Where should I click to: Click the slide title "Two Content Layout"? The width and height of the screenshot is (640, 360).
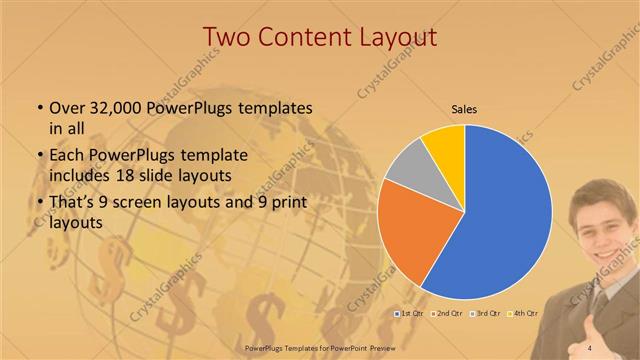pyautogui.click(x=319, y=37)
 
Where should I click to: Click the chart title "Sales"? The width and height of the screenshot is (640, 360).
pyautogui.click(x=463, y=107)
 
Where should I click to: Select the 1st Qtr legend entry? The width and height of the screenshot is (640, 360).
pyautogui.click(x=410, y=314)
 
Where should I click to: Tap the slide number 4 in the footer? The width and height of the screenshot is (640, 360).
pyautogui.click(x=590, y=347)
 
